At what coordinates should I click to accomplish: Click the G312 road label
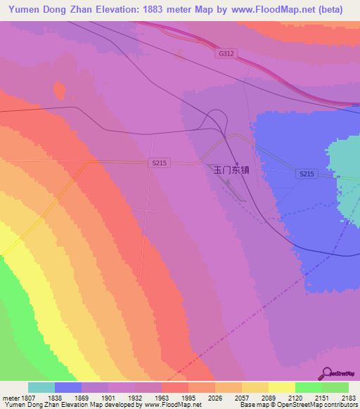[x=225, y=53]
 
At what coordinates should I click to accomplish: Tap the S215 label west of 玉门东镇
[x=160, y=162]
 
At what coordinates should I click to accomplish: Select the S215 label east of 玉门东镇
[x=306, y=174]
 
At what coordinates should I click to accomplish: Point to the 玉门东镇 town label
[x=231, y=170]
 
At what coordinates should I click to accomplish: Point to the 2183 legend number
[x=348, y=397]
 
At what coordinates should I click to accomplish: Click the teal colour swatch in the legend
[x=41, y=387]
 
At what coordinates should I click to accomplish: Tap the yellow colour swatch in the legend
[x=282, y=387]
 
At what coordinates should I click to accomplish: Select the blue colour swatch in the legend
[x=68, y=387]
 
